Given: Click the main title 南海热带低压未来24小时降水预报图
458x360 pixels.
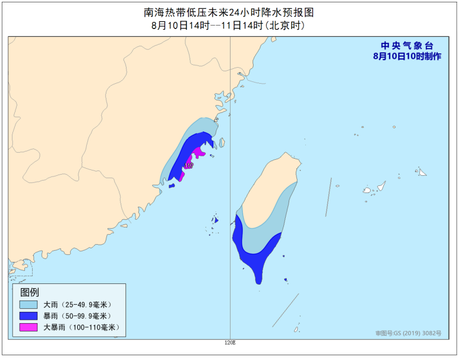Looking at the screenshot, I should [x=229, y=11].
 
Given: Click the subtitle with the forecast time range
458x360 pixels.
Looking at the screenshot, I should [x=229, y=26].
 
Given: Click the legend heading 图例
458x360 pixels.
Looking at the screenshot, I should [x=29, y=292].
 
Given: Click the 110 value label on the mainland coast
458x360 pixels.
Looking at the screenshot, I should [x=189, y=165].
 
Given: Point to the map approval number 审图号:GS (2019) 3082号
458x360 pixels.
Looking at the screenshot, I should [x=408, y=333].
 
